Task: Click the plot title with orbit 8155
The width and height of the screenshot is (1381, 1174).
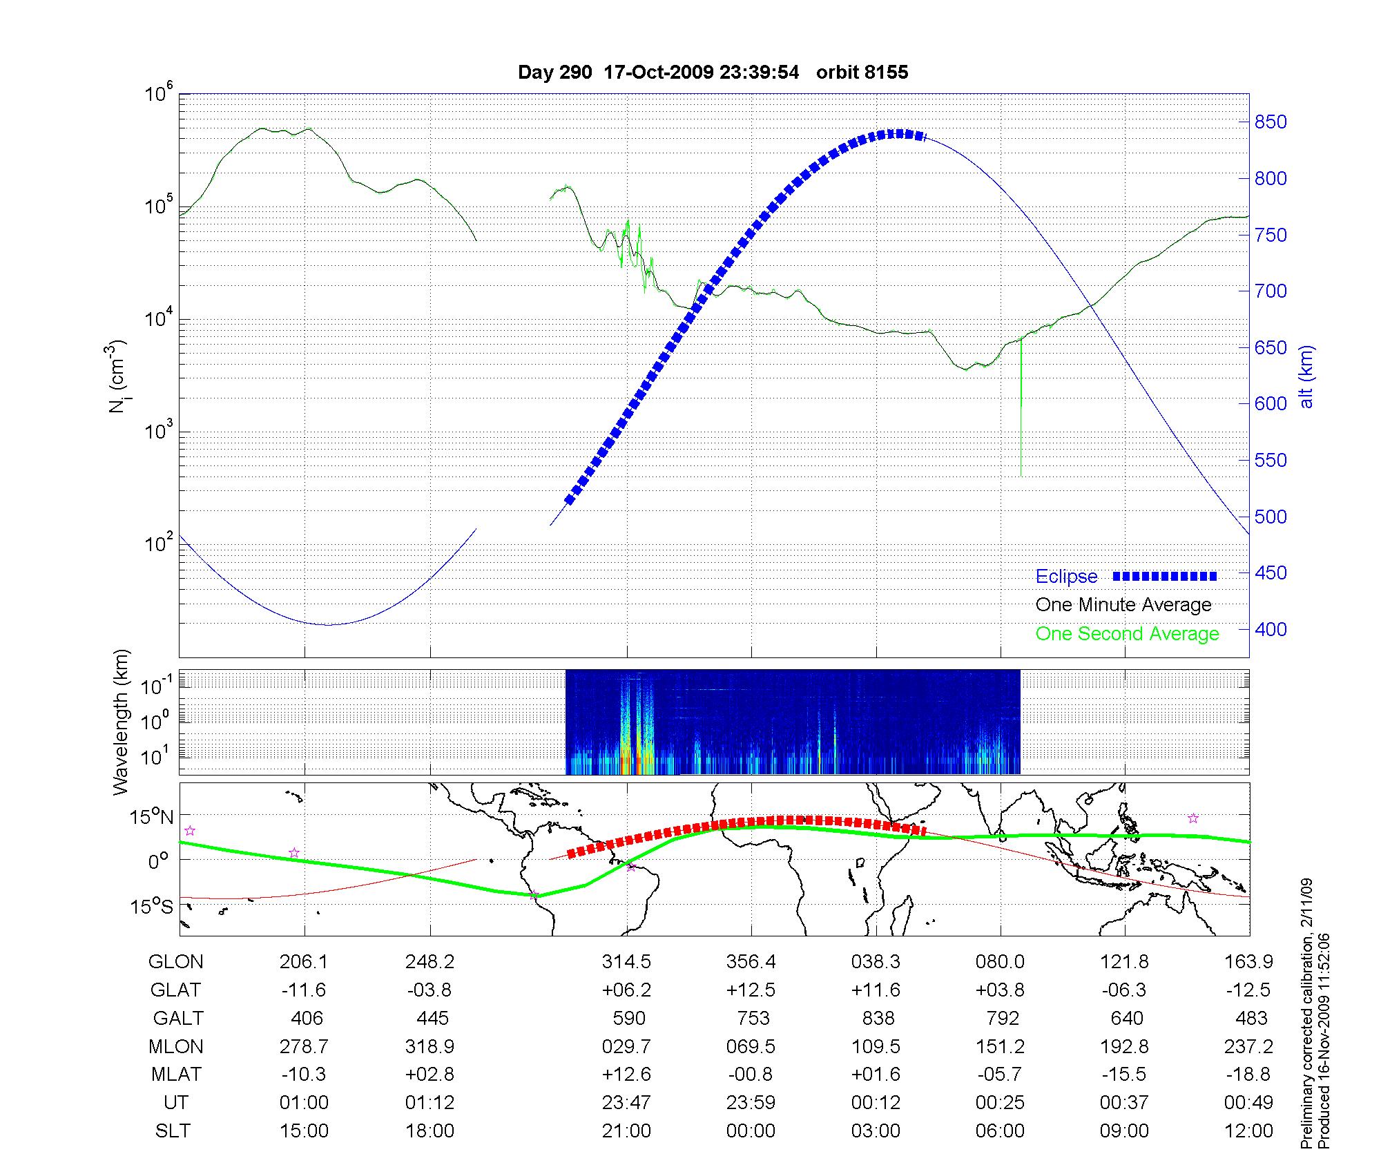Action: (x=713, y=73)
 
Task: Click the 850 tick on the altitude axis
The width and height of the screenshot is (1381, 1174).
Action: (x=1271, y=122)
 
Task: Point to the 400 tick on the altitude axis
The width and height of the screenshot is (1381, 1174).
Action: (x=1271, y=629)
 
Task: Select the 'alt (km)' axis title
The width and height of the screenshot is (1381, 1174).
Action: (x=1306, y=376)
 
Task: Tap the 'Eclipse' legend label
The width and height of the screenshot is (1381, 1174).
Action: (x=1066, y=577)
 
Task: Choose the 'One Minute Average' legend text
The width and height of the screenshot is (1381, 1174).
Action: (x=1123, y=605)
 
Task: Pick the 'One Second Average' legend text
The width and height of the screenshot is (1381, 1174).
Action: (x=1127, y=634)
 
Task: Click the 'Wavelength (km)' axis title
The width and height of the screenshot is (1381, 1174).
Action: (x=122, y=722)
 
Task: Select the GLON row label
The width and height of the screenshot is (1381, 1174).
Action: (x=176, y=961)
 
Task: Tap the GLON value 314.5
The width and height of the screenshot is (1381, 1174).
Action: (x=626, y=961)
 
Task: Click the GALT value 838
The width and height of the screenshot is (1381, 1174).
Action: (x=878, y=1018)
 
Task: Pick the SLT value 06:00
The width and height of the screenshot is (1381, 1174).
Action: (x=1000, y=1131)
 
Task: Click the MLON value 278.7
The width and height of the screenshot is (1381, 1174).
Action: (x=304, y=1046)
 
